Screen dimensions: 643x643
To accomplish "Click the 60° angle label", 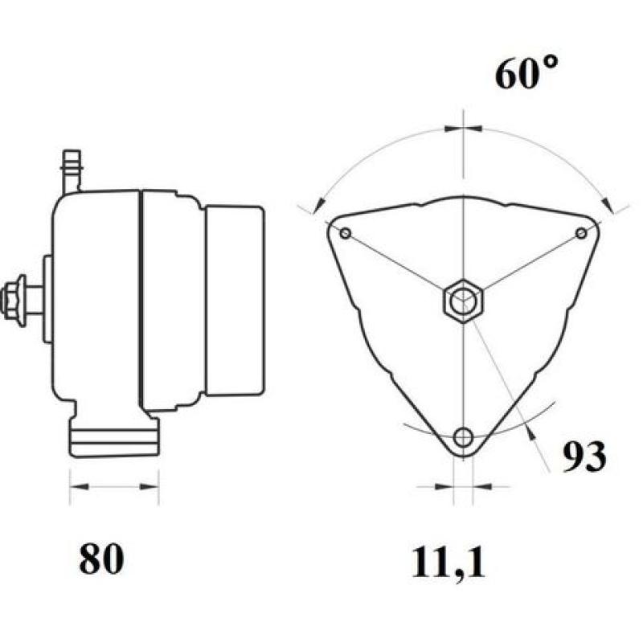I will coord(526,75).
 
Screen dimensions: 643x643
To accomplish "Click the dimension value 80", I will coord(102,559).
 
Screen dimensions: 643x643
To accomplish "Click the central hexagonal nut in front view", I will coord(462,302).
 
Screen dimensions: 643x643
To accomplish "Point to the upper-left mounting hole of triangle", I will coord(346,234).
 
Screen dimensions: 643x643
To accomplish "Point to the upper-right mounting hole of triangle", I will coord(581,233).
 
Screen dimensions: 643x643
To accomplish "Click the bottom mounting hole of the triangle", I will coord(463,437).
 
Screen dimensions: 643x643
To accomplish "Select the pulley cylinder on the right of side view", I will coord(235,301).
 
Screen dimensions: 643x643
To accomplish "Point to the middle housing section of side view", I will coord(170,301).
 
